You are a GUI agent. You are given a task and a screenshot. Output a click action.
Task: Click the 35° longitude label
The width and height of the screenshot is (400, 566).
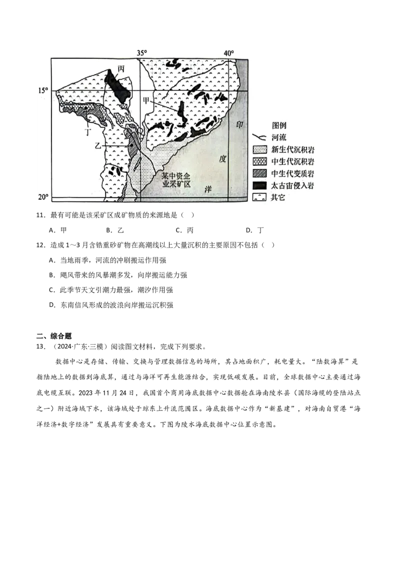click(x=141, y=53)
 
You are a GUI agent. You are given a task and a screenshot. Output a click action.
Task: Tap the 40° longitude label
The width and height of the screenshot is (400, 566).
click(x=228, y=53)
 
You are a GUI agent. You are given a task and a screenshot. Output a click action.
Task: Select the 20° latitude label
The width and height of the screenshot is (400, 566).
click(x=43, y=197)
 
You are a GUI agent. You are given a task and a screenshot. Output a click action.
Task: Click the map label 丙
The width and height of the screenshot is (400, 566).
click(x=120, y=68)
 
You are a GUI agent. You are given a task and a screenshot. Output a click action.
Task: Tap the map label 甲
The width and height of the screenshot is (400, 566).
click(x=146, y=100)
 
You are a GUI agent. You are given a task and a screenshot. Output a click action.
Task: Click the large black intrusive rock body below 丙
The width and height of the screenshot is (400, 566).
click(x=118, y=85)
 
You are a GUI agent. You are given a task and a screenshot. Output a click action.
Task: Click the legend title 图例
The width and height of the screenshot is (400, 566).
click(x=279, y=125)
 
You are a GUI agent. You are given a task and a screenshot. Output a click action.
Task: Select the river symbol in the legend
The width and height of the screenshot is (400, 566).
click(x=260, y=137)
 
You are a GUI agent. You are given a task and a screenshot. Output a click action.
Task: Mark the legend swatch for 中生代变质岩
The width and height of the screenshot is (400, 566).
click(x=260, y=173)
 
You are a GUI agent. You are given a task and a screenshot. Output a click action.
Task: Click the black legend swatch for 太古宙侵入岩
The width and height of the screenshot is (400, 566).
click(x=260, y=185)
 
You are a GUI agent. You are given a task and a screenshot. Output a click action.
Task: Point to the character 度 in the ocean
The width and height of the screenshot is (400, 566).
click(x=223, y=159)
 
